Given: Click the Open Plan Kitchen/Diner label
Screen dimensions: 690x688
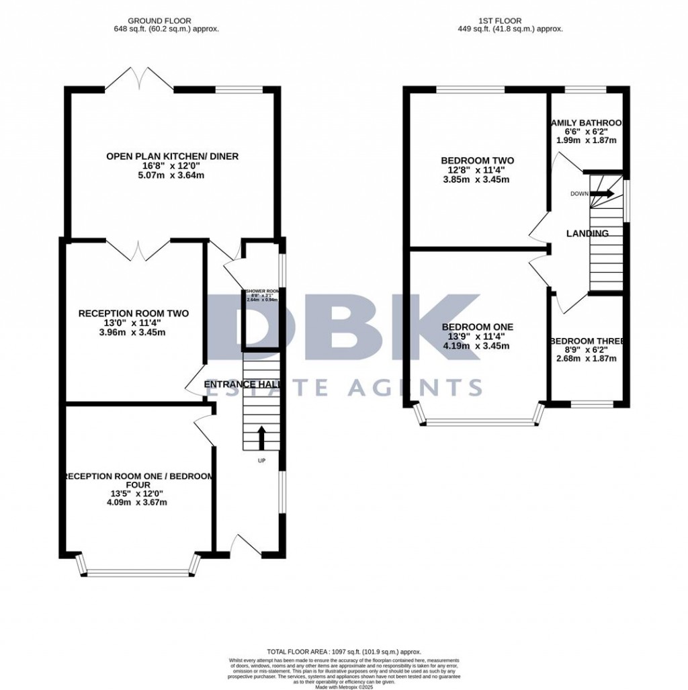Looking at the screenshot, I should pos(172,157).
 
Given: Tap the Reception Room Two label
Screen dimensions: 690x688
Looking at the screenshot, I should pos(134,313).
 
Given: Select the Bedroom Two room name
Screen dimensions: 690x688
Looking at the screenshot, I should pos(477,161).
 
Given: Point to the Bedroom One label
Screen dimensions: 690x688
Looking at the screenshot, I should pos(477,327).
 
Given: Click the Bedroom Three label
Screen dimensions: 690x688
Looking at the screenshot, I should pos(587,341).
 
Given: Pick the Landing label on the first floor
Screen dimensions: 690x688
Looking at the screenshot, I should pos(587,234).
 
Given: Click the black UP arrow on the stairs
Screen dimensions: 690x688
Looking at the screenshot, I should pos(261,437).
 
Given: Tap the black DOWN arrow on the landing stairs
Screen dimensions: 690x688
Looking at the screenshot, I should pos(602,193).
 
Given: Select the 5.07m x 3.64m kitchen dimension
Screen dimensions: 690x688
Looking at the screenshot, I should pos(172,175).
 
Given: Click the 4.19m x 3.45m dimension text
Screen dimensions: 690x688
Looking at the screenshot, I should pos(477,346).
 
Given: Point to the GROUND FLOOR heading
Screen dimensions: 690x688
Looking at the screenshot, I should pos(167,21).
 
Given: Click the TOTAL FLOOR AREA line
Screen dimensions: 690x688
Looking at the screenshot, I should pos(343,652).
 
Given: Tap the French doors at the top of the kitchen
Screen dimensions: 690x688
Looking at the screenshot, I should pos(139,79).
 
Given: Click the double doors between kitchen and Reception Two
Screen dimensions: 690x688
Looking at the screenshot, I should pos(138,249).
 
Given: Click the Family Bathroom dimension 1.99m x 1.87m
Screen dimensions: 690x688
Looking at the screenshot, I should pos(587,140).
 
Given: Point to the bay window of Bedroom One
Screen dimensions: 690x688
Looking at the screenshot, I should pos(480,421).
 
